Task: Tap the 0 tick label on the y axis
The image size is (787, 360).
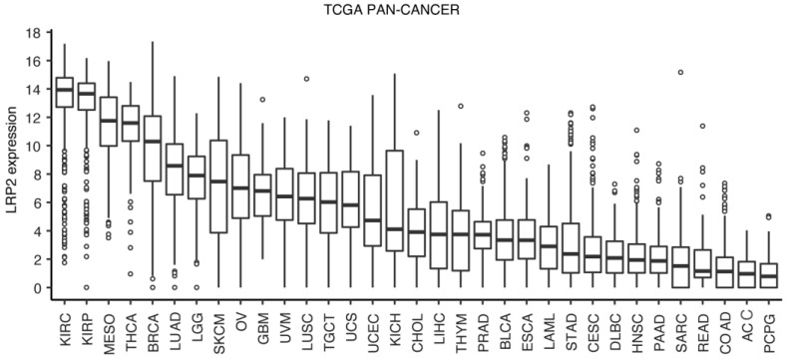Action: [34, 288]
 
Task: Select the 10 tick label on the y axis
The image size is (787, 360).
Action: [30, 147]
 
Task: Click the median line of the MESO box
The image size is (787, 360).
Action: [109, 121]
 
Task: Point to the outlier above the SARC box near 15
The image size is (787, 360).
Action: [680, 72]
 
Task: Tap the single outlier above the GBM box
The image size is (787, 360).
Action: [262, 100]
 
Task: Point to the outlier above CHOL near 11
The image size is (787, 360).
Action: [415, 133]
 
